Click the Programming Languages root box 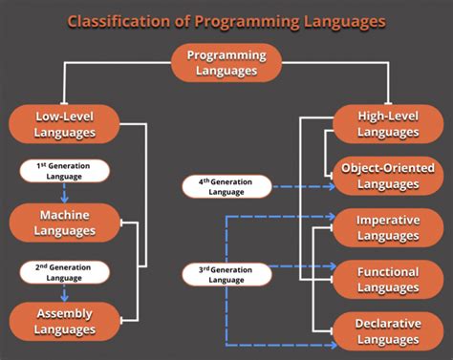(226, 63)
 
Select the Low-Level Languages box (64, 125)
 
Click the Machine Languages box (64, 222)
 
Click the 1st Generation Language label (64, 171)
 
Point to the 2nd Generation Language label (64, 271)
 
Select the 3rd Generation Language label (226, 275)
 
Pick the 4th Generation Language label (226, 185)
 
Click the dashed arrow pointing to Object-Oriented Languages (301, 186)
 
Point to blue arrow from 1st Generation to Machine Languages (64, 193)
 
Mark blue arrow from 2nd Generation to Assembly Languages (64, 292)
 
